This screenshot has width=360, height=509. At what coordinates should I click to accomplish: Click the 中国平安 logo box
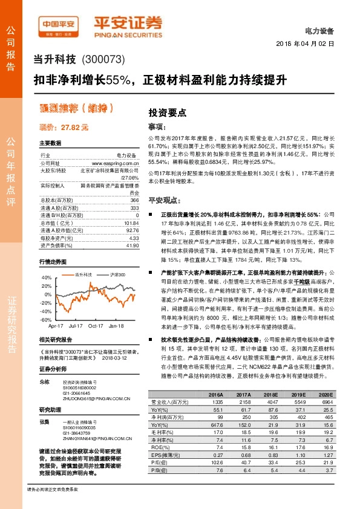(59, 25)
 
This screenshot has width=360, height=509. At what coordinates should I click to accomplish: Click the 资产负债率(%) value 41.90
(132, 245)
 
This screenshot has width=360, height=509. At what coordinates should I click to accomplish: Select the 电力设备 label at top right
(321, 30)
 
